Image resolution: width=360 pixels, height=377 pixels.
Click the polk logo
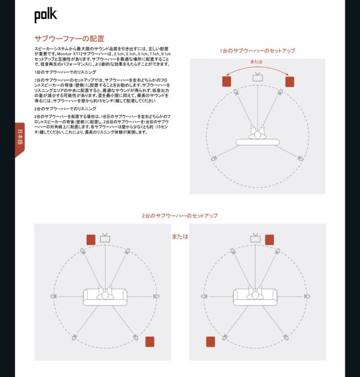point(46,14)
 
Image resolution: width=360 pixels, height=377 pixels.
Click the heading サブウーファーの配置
point(69,39)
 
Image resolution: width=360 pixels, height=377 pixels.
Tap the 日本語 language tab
point(20,137)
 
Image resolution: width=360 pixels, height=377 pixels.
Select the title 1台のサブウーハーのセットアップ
point(257,51)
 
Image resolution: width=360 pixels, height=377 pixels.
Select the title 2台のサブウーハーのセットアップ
point(180,216)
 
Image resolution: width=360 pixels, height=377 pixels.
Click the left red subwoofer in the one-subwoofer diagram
point(227,81)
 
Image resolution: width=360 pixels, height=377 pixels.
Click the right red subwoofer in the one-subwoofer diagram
point(290,81)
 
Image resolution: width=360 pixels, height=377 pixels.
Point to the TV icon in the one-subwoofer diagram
point(258,78)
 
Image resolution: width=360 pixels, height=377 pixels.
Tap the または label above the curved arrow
point(256,62)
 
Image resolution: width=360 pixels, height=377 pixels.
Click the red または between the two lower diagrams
point(180,237)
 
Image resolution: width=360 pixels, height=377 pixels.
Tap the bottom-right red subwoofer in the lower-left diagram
point(149,342)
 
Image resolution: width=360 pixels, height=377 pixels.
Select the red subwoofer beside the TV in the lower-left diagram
point(90,239)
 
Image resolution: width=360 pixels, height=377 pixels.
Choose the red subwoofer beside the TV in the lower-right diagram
point(270,239)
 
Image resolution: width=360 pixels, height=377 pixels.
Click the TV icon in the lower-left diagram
point(105,238)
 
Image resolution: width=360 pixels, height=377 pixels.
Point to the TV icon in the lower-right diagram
point(255,238)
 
